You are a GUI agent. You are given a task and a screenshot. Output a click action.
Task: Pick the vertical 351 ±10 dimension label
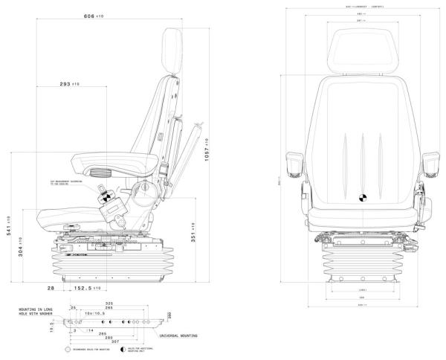[x=193, y=234]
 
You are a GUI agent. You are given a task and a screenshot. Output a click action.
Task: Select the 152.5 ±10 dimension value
[x=87, y=287]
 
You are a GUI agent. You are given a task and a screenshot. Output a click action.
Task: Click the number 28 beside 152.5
[x=51, y=287]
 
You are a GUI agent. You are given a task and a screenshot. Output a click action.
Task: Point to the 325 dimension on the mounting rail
[x=109, y=303]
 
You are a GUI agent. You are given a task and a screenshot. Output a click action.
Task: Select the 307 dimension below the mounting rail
[x=114, y=341]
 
